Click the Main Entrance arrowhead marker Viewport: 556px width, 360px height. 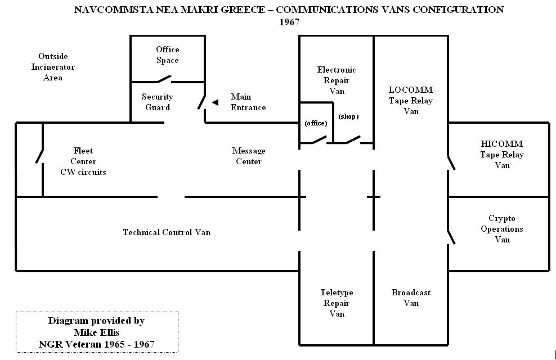coord(215,102)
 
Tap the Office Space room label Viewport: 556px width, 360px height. coord(167,55)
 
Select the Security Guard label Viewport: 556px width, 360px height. coord(158,102)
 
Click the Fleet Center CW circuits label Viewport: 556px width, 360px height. coord(83,161)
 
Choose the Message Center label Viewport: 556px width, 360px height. coord(248,156)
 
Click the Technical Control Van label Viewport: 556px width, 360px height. coord(167,232)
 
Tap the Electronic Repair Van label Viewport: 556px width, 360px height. coord(337,80)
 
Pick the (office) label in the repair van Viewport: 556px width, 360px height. coord(316,123)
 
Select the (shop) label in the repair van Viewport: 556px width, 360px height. coord(348,116)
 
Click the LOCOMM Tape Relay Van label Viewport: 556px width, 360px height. coord(411,100)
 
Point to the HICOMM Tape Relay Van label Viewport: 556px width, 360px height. coord(502,155)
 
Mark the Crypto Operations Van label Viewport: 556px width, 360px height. coord(502,229)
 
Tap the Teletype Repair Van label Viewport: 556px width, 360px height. coord(337,303)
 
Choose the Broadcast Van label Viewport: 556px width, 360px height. coord(411,298)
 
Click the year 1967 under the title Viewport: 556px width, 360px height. coord(289,22)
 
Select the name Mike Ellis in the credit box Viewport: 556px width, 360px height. coord(96,332)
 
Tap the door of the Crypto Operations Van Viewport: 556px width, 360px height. coord(451,237)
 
